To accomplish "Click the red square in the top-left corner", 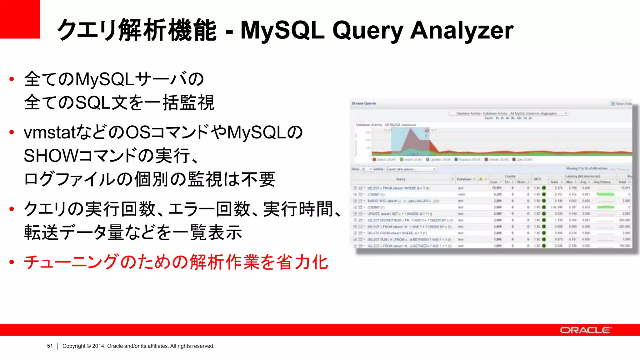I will point(20,19).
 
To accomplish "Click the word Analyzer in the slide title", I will point(462,30).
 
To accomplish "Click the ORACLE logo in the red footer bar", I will point(585,330).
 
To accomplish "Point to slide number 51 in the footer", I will point(50,346).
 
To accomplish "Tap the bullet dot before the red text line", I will point(12,262).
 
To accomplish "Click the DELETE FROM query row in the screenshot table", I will point(397,233).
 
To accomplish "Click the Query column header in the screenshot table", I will point(401,179).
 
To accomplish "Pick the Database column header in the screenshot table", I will point(464,179).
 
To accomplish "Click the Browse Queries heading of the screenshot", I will point(364,103).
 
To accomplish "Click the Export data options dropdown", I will point(411,169).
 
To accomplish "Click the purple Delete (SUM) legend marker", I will point(487,160).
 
